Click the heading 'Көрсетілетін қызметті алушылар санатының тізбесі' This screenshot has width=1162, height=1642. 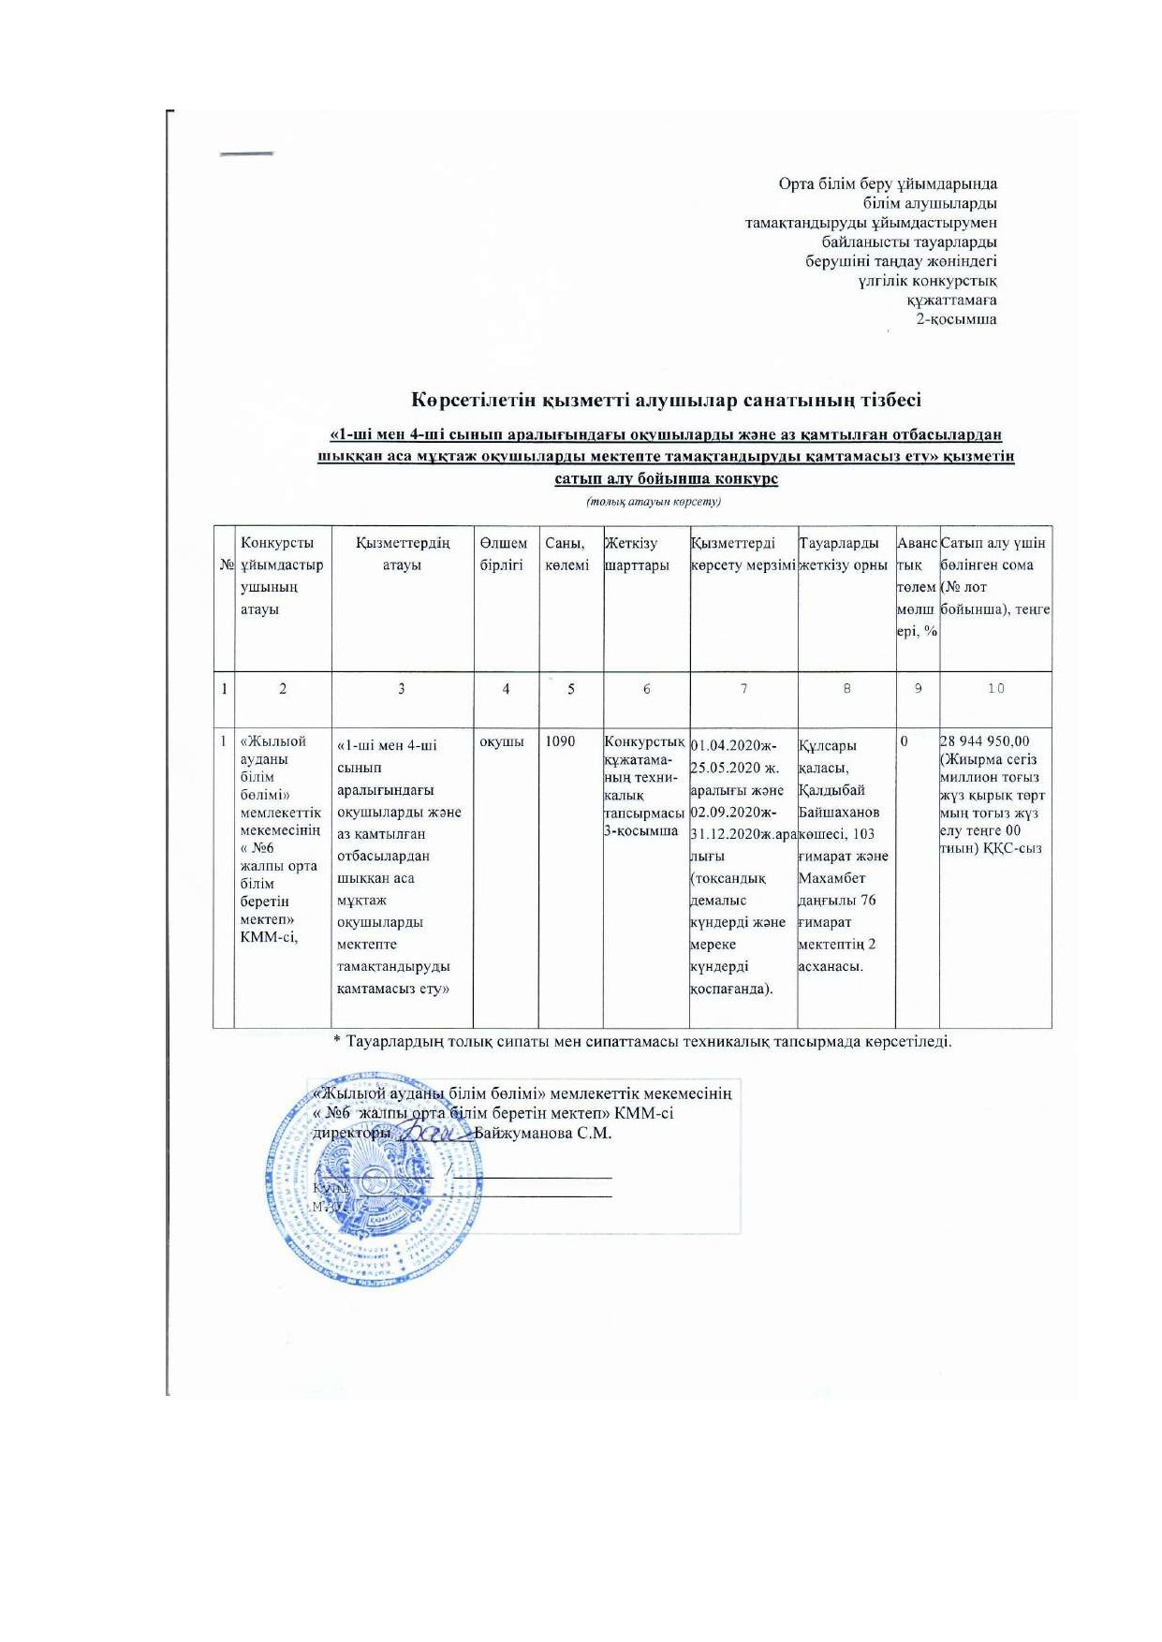[x=667, y=401]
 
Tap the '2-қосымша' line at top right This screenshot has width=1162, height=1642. [x=956, y=319]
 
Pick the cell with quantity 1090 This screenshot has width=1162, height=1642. [x=560, y=741]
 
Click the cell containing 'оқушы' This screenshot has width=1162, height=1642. [x=501, y=741]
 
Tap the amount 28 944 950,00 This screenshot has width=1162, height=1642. [x=984, y=741]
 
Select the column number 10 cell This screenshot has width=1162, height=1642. [x=995, y=689]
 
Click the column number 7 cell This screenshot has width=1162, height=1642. [x=743, y=689]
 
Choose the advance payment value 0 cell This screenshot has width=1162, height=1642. [x=905, y=741]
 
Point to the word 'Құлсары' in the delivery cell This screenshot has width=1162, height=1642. [x=828, y=746]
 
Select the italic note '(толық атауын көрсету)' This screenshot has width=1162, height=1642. [x=654, y=502]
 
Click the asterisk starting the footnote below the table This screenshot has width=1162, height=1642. [x=337, y=1041]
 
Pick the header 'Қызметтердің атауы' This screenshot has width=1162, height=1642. [x=402, y=554]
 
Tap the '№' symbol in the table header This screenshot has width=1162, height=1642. [x=226, y=565]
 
